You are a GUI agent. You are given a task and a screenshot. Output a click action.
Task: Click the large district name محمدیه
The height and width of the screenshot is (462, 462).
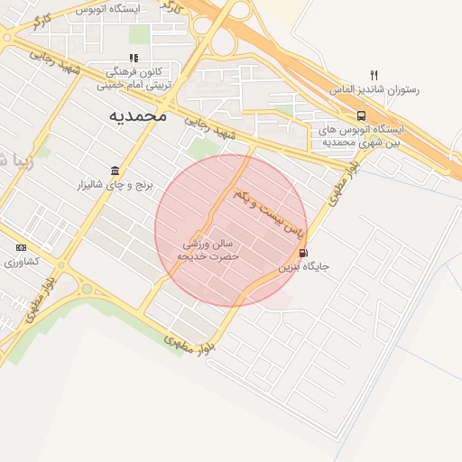[x=139, y=115]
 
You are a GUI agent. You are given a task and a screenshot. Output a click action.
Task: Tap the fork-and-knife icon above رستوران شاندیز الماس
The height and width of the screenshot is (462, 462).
[x=374, y=75]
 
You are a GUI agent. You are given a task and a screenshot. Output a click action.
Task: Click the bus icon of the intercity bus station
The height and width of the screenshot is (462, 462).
[x=361, y=115]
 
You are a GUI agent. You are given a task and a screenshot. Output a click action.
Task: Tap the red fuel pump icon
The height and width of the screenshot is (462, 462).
[x=302, y=254]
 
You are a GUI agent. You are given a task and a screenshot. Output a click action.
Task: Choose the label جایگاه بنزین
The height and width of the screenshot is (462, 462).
[x=303, y=267]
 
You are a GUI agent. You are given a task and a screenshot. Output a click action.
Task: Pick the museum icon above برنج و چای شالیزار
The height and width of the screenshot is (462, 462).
[x=115, y=171]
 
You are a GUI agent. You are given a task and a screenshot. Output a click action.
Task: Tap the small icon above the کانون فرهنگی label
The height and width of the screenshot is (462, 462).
[x=134, y=59]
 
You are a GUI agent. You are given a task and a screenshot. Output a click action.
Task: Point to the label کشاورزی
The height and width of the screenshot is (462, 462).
[x=22, y=262]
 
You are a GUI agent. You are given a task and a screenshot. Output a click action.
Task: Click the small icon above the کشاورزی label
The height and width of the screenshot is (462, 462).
[x=21, y=247]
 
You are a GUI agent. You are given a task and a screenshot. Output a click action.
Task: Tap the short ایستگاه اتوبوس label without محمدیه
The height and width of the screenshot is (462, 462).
[x=107, y=9]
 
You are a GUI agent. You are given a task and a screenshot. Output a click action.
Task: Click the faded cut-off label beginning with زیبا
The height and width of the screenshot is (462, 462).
[x=18, y=162]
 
